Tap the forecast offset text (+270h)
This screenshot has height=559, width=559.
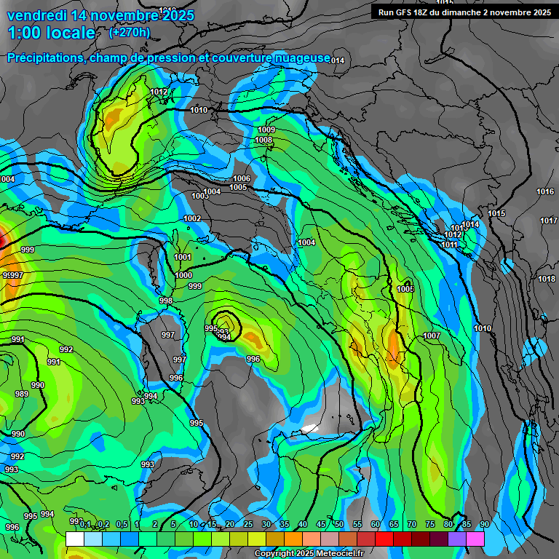point(130,32)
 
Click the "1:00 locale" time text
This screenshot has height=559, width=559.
point(51,33)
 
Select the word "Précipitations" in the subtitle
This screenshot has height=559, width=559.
point(45,58)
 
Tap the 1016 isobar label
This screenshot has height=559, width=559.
point(545,191)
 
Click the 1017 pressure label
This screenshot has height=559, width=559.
point(549,221)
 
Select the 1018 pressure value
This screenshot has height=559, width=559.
point(547,279)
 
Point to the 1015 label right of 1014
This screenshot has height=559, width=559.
point(496,213)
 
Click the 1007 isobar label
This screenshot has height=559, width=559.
point(432,336)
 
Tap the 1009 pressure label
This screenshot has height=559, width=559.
point(266,130)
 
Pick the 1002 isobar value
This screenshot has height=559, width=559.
point(192,218)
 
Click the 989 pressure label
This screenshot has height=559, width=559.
point(21,394)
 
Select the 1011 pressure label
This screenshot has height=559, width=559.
point(449,245)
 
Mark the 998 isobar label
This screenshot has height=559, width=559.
point(166,301)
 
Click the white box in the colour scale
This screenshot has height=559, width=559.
point(74,539)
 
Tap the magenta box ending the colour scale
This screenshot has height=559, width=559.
point(475,539)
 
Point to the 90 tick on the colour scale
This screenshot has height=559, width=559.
point(484,524)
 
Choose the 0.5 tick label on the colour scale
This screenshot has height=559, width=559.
point(121,524)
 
